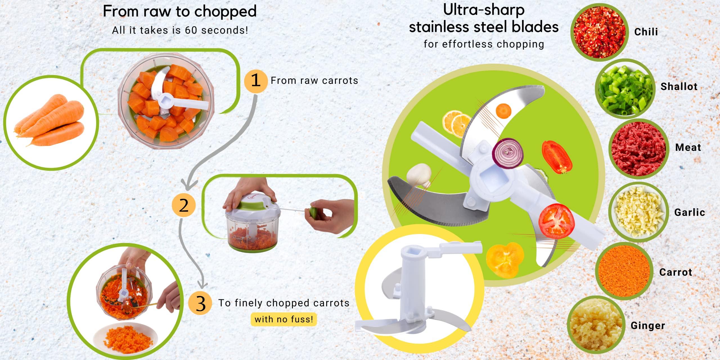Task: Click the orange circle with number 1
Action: point(255,80)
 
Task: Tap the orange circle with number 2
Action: point(184,205)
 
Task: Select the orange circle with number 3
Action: point(200,303)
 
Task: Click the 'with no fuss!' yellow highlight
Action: point(283,319)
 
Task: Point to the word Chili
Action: point(646,32)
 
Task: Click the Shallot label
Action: point(679,86)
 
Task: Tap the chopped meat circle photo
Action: point(638,148)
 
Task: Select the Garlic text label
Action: point(689,212)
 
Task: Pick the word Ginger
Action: point(648,325)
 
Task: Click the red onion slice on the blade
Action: point(507,153)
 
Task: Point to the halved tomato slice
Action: point(556,221)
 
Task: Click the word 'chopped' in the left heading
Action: point(225,12)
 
